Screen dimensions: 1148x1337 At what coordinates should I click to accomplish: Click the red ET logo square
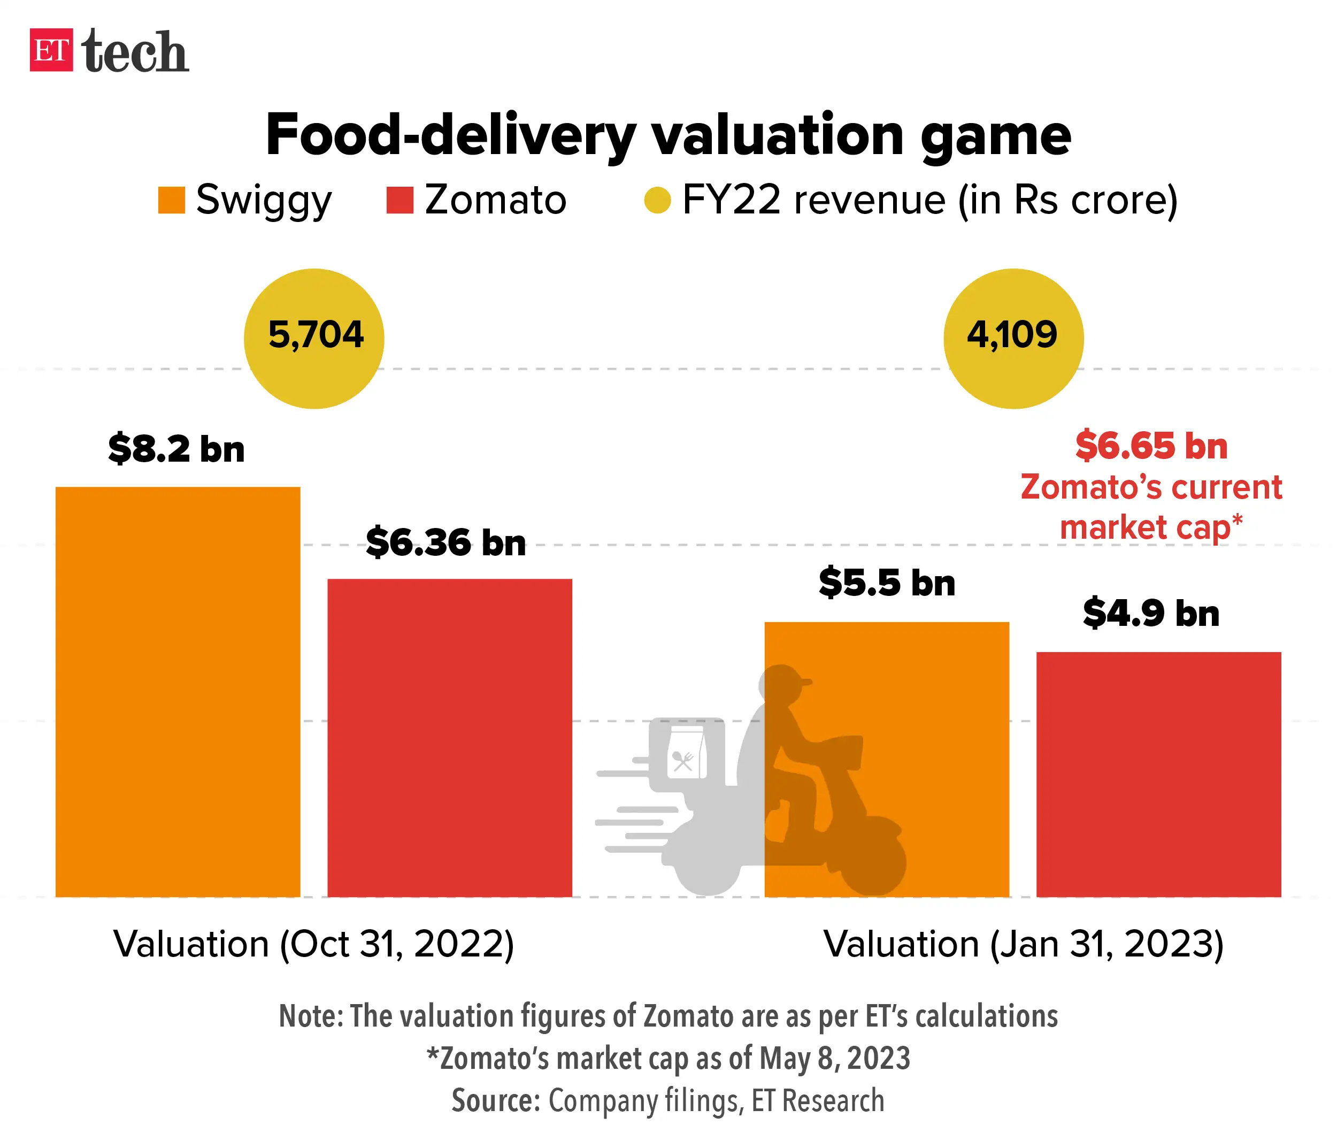tap(51, 50)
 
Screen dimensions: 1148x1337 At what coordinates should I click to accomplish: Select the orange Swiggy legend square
tap(172, 200)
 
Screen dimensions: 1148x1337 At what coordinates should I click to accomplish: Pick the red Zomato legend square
tap(399, 200)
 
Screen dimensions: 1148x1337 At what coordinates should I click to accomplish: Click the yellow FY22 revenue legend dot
tap(657, 200)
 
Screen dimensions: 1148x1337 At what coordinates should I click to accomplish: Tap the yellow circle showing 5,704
tap(314, 338)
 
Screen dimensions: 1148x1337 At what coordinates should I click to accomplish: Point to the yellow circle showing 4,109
tap(1013, 338)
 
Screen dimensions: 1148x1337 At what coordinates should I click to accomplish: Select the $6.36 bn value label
tap(445, 541)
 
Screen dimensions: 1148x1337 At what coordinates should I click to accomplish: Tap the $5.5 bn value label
tap(887, 582)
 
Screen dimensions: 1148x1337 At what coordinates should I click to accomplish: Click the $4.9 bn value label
tap(1150, 613)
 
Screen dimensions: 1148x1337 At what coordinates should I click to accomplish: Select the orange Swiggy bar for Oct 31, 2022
tap(178, 691)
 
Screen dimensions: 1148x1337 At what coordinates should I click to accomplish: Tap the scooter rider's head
tap(782, 684)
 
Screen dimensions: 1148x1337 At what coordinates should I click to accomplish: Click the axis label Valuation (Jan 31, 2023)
tap(1024, 944)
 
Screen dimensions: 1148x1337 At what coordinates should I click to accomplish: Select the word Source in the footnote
tap(495, 1100)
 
